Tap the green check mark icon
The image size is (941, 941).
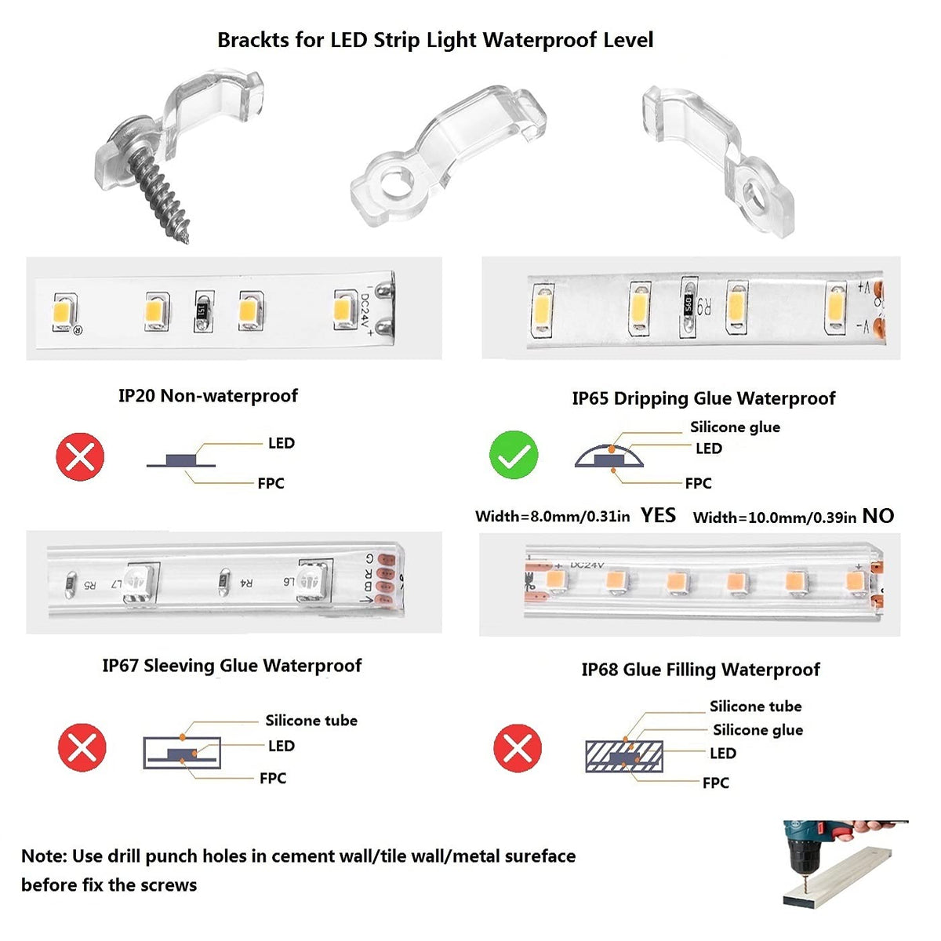pyautogui.click(x=513, y=455)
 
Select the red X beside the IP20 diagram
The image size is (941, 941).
pyautogui.click(x=80, y=456)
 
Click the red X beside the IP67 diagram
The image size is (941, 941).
pyautogui.click(x=82, y=747)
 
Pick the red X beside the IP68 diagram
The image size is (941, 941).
pyautogui.click(x=518, y=748)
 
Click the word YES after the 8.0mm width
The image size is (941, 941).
pyautogui.click(x=658, y=516)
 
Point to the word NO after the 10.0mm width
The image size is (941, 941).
pyautogui.click(x=878, y=516)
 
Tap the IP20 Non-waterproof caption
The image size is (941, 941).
pyautogui.click(x=208, y=395)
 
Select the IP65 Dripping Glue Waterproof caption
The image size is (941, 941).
pyautogui.click(x=703, y=398)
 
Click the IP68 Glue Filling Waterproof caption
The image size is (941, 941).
pyautogui.click(x=700, y=670)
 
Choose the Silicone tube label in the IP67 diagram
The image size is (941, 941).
pyautogui.click(x=311, y=721)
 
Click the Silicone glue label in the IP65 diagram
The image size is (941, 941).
pyautogui.click(x=735, y=427)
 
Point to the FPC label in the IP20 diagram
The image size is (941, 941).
pyautogui.click(x=271, y=484)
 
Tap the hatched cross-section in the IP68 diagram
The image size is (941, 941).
pyautogui.click(x=624, y=757)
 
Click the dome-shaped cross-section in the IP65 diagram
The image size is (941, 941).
pyautogui.click(x=609, y=456)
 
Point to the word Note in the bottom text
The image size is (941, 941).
pyautogui.click(x=43, y=856)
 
